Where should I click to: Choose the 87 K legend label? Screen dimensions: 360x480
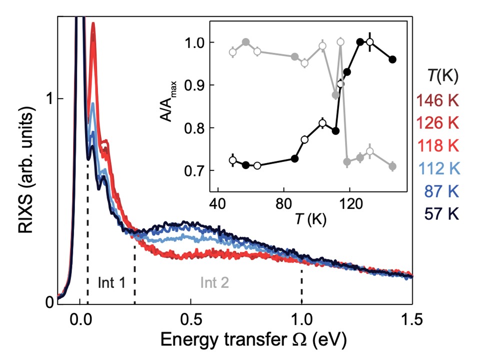442,192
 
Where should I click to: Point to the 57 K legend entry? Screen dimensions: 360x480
442,215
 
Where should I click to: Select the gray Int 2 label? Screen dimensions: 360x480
214,282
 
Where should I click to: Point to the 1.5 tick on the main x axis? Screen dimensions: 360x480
412,318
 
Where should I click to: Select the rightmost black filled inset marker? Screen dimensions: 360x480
392,59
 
